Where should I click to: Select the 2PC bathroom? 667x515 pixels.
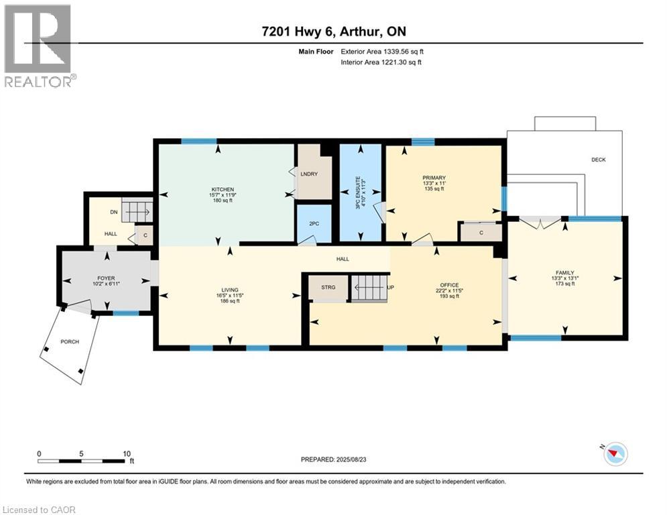tap(313, 223)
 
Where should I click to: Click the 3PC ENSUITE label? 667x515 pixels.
tap(361, 192)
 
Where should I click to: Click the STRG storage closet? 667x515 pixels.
tap(328, 288)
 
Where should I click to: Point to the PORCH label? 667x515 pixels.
tap(70, 342)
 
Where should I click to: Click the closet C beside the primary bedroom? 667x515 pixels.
tap(481, 232)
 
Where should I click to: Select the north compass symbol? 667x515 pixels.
tap(613, 454)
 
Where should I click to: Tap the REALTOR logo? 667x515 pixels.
tap(38, 46)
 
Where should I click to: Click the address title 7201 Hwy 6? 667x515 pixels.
tap(333, 32)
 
